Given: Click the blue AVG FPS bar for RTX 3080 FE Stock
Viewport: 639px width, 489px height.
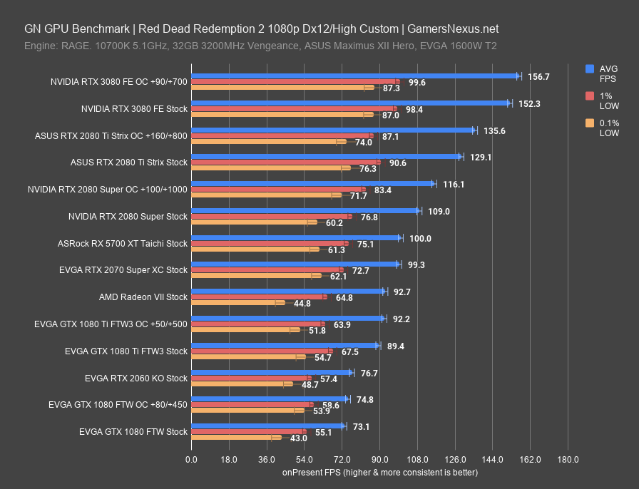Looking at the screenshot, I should (350, 103).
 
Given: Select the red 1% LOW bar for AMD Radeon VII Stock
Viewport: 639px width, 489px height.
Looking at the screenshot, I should (259, 297).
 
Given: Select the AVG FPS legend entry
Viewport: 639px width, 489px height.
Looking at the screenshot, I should (608, 73).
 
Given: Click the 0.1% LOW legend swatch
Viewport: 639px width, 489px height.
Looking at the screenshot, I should (590, 123).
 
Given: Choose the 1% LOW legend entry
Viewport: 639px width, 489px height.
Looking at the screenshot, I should (608, 101).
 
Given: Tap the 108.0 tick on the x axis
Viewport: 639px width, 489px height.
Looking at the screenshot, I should (417, 459).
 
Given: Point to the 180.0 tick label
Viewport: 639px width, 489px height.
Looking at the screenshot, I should (568, 459).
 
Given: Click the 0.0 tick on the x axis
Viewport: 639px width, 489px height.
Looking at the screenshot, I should (191, 459).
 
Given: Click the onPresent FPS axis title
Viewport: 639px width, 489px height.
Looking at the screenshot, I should (379, 472).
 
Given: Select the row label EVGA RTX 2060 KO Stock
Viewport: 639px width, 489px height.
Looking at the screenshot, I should (136, 378).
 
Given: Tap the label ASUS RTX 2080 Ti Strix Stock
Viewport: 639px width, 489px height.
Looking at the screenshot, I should (129, 163).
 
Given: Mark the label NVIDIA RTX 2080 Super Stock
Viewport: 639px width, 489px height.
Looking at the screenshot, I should (128, 216).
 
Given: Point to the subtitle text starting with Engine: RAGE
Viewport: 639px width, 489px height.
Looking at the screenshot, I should (260, 46).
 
